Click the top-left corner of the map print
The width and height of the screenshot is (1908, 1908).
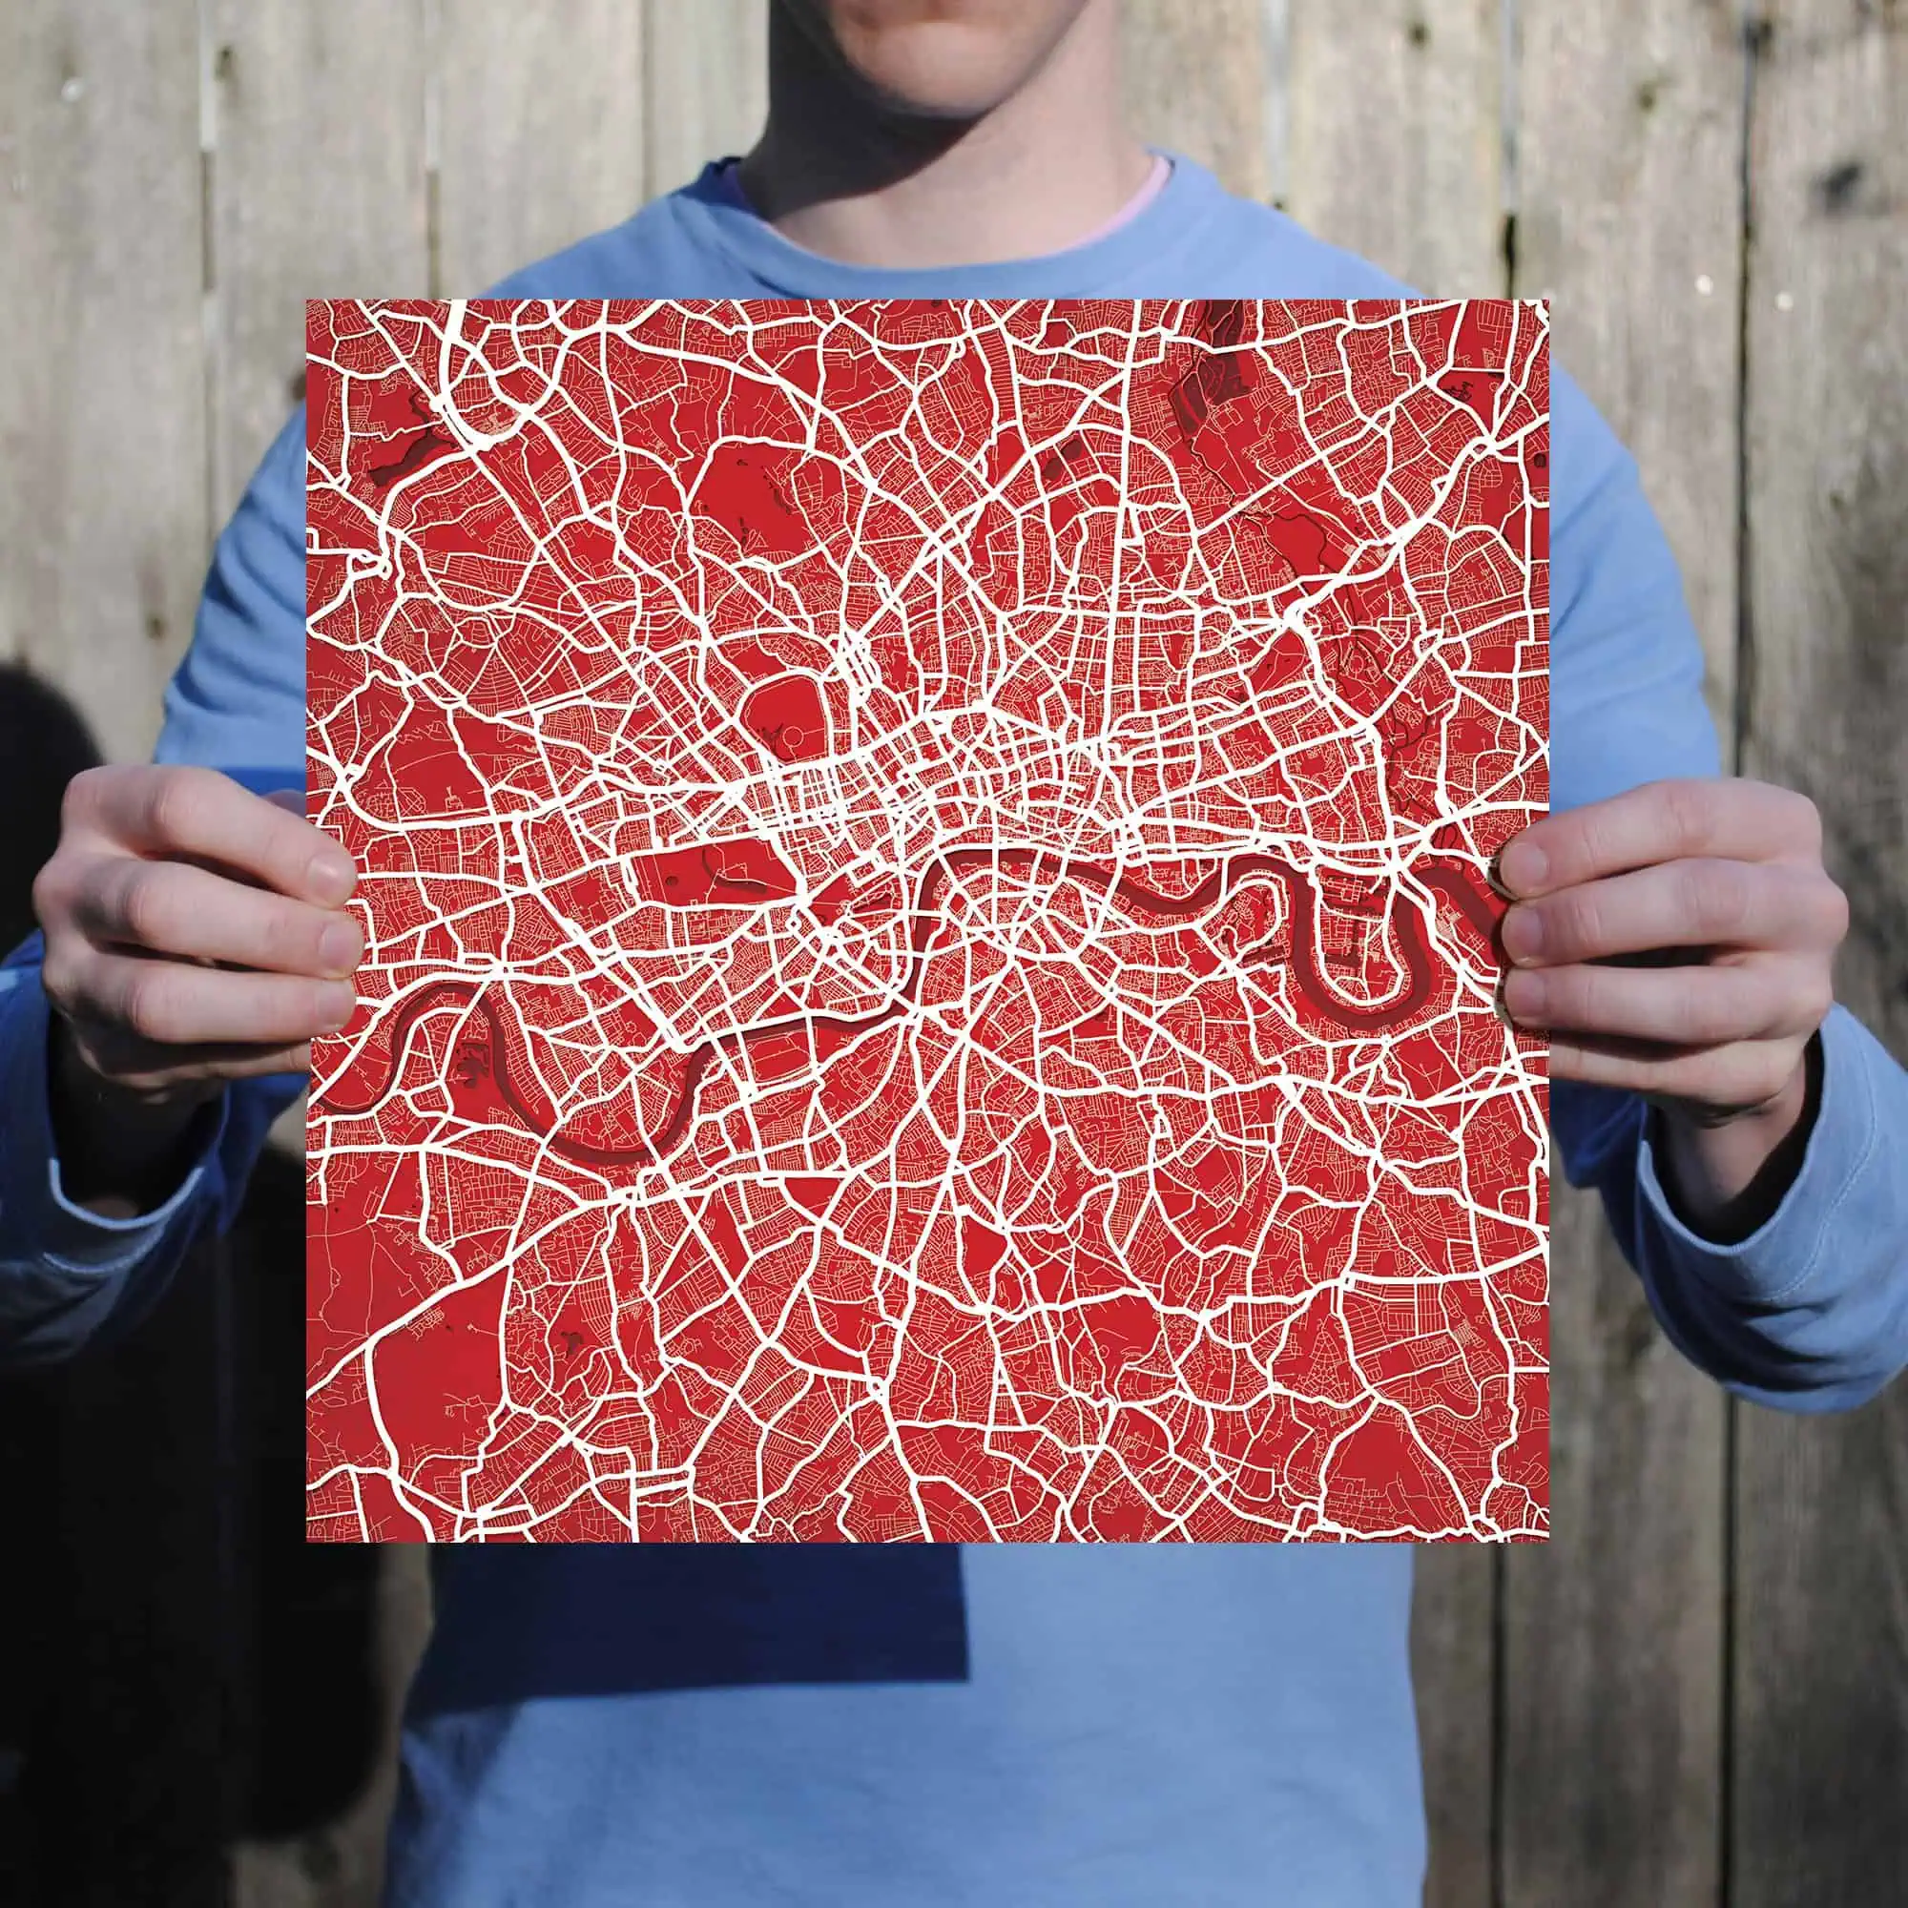coord(307,301)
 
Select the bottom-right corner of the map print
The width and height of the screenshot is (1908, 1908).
coord(1547,1540)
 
